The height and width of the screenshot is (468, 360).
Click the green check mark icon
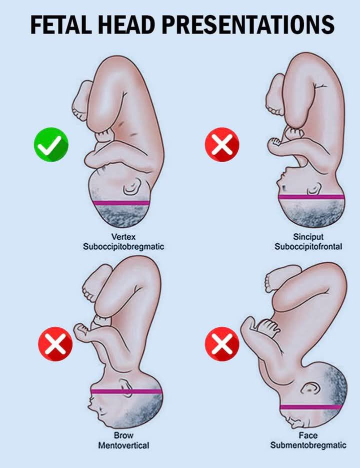click(51, 145)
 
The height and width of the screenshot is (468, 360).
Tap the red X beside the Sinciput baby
click(222, 145)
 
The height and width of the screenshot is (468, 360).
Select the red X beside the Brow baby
click(55, 344)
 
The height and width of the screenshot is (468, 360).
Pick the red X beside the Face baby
click(222, 343)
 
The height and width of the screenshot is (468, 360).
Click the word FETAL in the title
click(61, 25)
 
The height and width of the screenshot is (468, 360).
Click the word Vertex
click(123, 237)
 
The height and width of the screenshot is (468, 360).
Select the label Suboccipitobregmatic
click(123, 247)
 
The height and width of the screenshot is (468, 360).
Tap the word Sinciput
click(308, 237)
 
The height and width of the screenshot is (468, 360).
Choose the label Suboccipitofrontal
click(308, 247)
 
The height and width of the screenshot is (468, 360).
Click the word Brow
click(123, 435)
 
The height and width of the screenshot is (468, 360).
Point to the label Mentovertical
click(123, 445)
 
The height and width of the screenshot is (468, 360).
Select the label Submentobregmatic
click(308, 445)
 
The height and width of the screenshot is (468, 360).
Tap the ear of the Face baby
click(310, 388)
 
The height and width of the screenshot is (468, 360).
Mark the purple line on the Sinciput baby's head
click(311, 197)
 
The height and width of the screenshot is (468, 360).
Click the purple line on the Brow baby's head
click(126, 391)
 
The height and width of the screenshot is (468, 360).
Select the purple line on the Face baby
click(310, 407)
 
